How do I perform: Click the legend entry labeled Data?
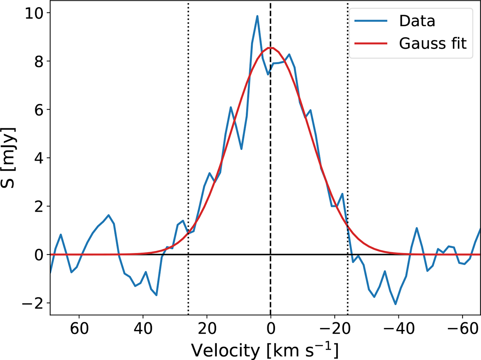416,22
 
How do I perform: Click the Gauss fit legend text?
433,44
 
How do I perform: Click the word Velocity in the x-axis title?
225,340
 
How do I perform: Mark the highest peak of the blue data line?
257,16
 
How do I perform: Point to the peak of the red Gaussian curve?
271,48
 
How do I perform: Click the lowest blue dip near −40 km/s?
395,304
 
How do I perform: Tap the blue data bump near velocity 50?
109,215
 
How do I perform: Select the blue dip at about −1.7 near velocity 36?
156,295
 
